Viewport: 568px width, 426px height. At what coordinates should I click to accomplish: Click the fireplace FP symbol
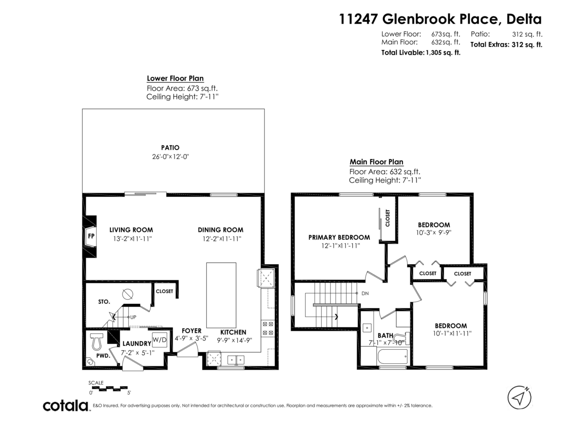90,235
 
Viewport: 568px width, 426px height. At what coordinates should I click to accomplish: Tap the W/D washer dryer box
158,339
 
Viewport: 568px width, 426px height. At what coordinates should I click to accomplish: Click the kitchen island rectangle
221,294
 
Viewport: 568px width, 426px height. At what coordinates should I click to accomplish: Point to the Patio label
170,148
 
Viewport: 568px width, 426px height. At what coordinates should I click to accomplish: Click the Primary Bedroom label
339,237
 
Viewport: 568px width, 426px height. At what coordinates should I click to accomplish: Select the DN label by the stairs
365,293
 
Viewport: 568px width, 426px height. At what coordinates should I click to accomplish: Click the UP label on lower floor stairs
133,317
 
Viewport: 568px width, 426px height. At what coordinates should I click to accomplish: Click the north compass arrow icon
519,397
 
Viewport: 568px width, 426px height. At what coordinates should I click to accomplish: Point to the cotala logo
65,406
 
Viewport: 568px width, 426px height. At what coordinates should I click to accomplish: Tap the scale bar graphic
110,388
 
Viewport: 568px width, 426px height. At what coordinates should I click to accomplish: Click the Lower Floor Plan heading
175,79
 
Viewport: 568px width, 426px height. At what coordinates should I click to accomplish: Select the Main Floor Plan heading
376,162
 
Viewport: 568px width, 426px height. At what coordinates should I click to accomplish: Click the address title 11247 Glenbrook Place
440,19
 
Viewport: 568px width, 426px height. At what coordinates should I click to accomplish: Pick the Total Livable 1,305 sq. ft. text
421,53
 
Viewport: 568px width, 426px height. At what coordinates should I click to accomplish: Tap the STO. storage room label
104,302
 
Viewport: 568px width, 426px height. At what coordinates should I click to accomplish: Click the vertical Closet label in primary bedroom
387,218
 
